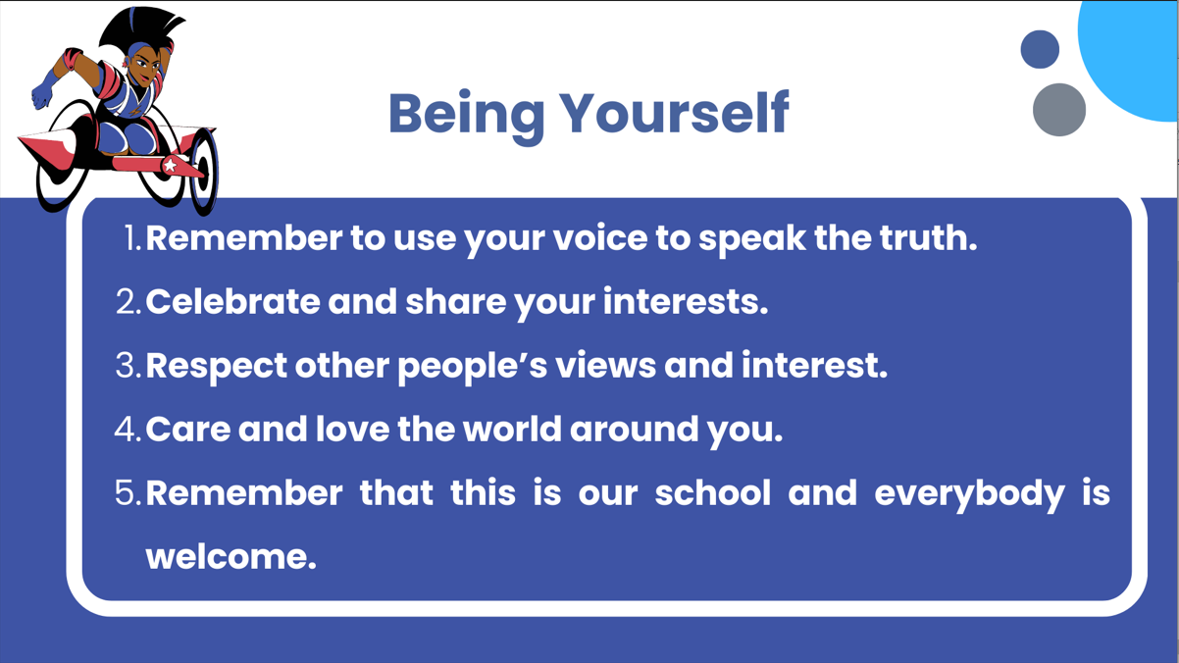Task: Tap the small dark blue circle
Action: click(x=1040, y=49)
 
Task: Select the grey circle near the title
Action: click(x=1059, y=110)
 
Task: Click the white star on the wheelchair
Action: click(x=170, y=165)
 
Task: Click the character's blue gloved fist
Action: click(x=42, y=96)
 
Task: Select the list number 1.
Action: click(x=133, y=238)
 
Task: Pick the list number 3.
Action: click(x=128, y=365)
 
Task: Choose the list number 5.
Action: click(x=128, y=493)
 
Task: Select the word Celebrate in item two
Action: click(x=232, y=301)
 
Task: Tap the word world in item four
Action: click(x=513, y=429)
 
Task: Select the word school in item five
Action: click(x=713, y=492)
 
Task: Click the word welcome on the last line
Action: click(x=231, y=557)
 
